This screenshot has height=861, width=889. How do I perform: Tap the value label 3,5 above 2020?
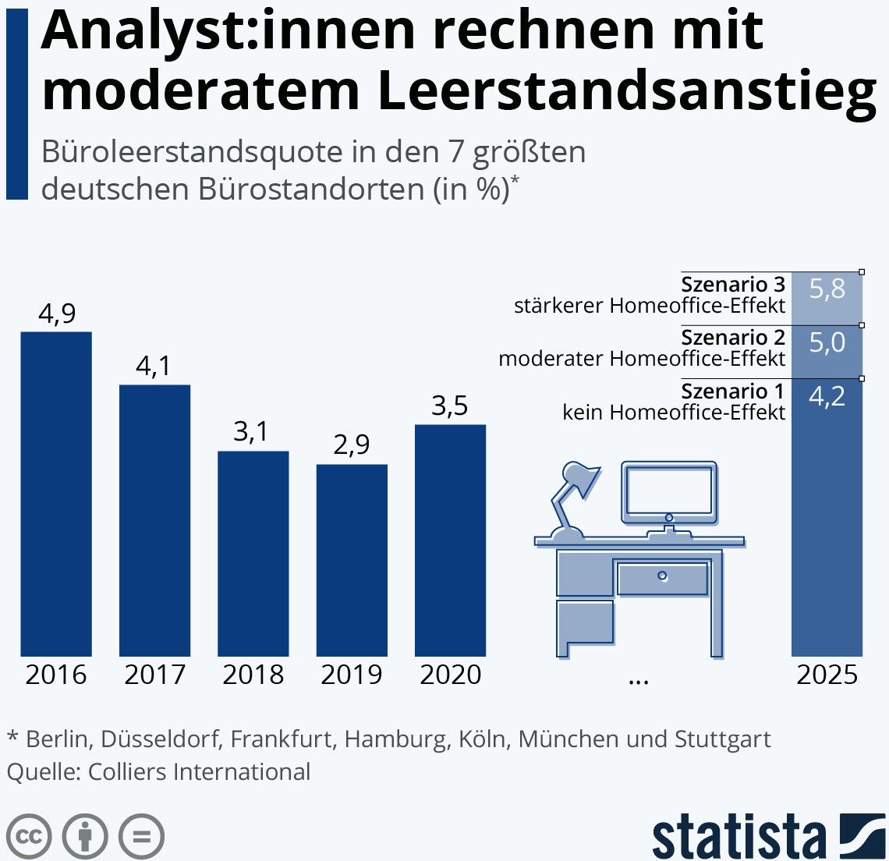point(450,406)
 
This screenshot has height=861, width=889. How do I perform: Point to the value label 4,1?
point(154,366)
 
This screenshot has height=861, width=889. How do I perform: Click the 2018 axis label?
point(253,675)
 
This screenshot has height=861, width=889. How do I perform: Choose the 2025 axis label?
point(827,675)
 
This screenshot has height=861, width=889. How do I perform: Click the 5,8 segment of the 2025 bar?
point(827,298)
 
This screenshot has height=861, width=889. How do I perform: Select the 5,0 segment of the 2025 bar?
point(827,351)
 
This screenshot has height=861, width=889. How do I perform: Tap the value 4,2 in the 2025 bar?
point(827,397)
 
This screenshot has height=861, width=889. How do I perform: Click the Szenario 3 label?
point(733,284)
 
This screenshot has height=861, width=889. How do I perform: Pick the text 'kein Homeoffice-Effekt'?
point(674,412)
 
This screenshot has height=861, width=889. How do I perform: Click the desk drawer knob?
point(662,576)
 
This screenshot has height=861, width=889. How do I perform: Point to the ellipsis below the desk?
point(638,680)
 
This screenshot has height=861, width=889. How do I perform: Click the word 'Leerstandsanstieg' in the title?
point(627,90)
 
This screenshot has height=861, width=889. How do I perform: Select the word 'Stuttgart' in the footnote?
point(722,739)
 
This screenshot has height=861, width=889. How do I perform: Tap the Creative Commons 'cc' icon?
point(29,837)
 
